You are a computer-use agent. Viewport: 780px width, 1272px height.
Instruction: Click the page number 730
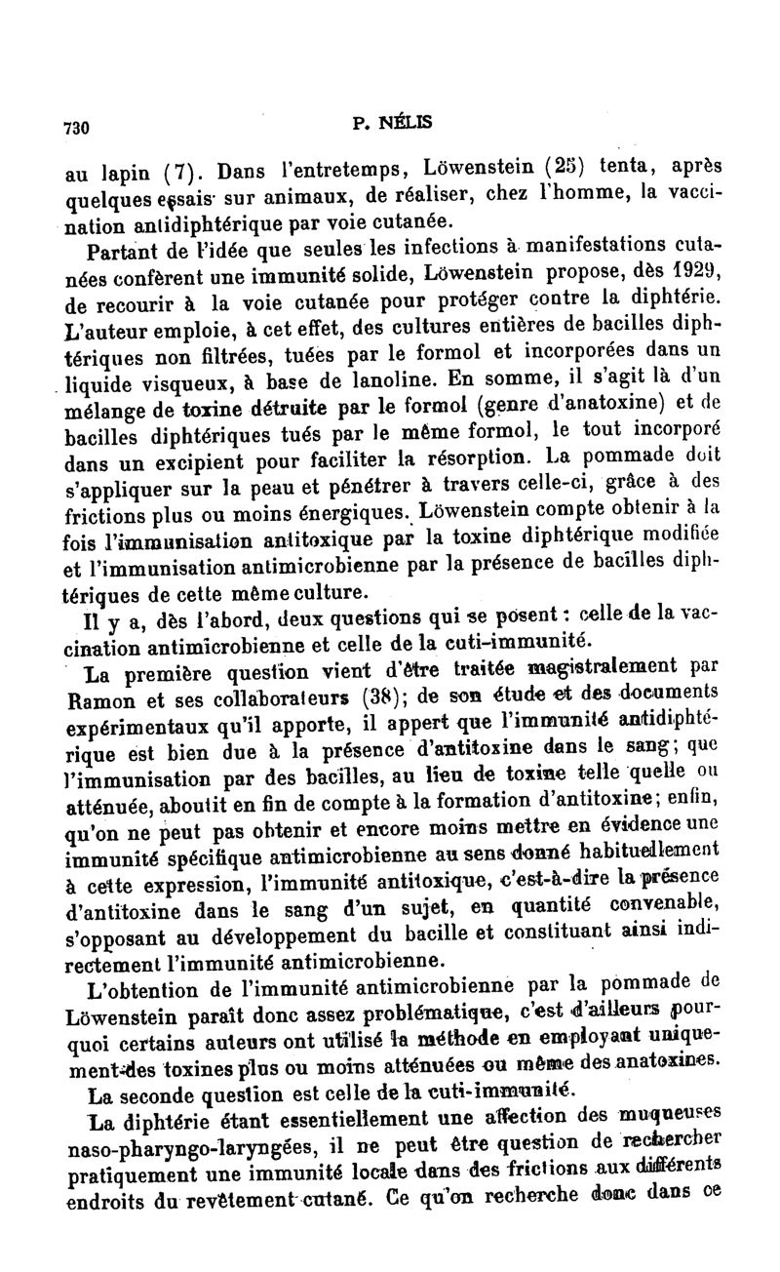pos(76,127)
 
